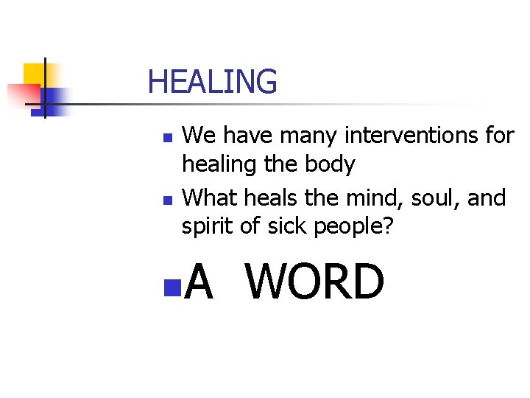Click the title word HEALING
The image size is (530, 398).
pyautogui.click(x=212, y=82)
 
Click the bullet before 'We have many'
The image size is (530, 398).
pyautogui.click(x=168, y=138)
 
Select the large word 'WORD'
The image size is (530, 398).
pyautogui.click(x=315, y=282)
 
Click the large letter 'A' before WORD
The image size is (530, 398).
pyautogui.click(x=199, y=282)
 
